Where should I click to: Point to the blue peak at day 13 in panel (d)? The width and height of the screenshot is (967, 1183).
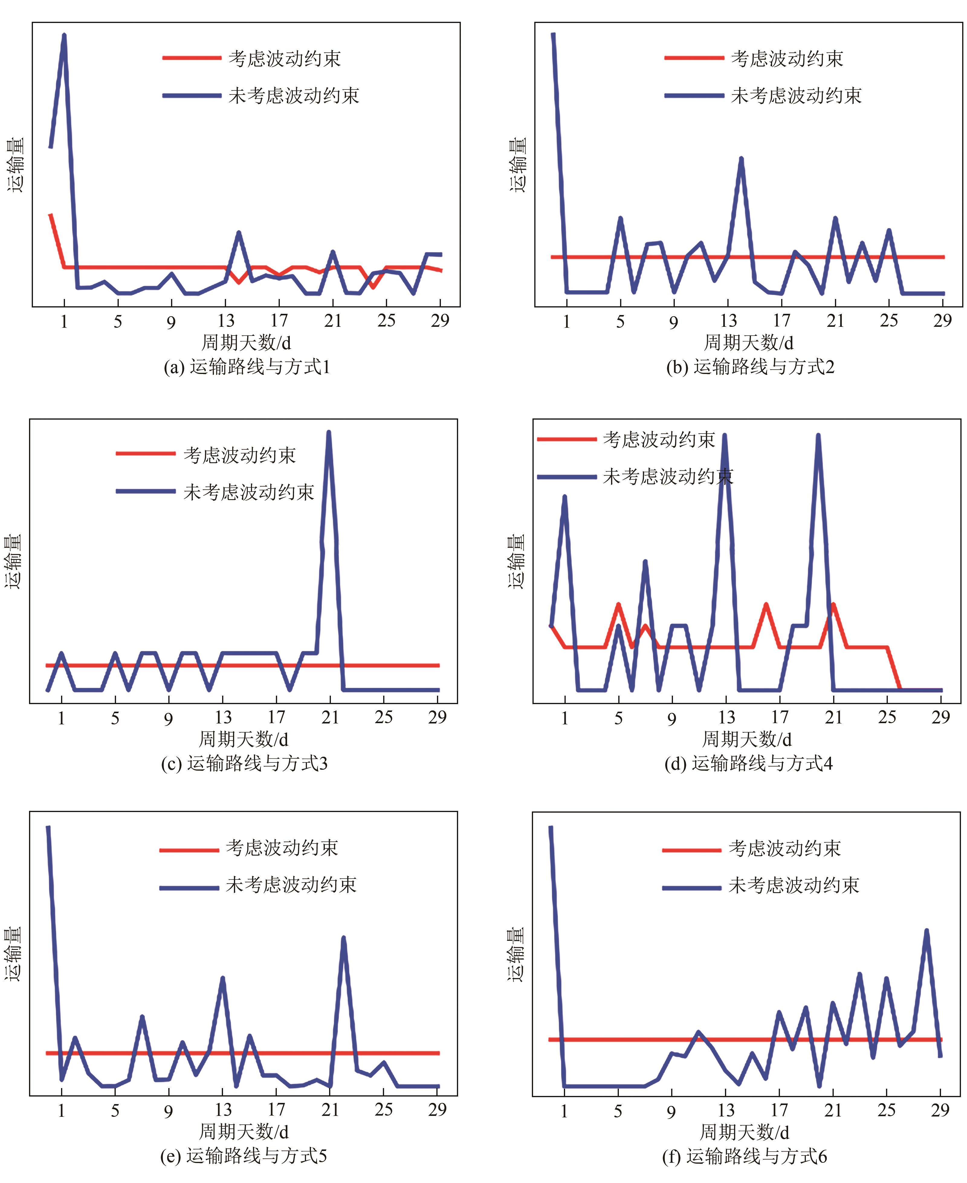point(725,436)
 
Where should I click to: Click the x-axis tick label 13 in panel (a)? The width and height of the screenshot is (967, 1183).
point(226,321)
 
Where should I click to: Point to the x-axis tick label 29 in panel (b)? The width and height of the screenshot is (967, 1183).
point(943,321)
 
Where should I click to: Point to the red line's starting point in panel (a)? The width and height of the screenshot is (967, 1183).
point(50,215)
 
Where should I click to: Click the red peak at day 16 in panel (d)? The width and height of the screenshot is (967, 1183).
point(766,605)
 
